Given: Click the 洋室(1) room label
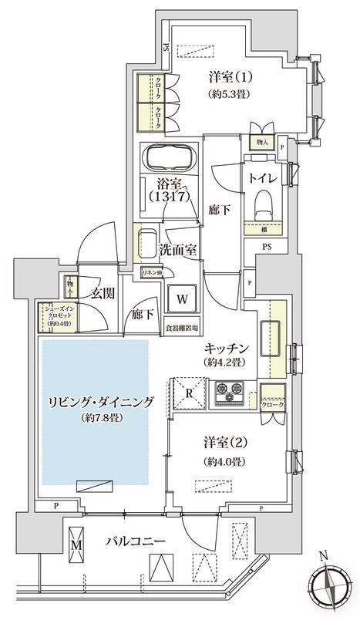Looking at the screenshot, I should click(230, 77).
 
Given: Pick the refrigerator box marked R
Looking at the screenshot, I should click(188, 391).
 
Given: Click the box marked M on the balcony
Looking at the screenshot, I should click(76, 545).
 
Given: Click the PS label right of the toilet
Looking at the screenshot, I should click(266, 248).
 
